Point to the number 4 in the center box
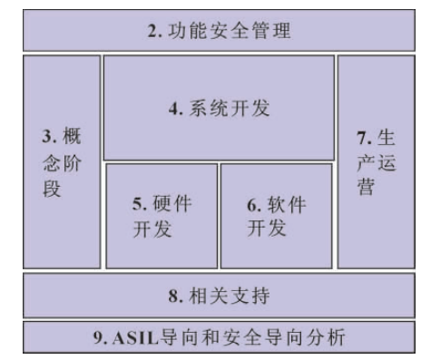point(172,109)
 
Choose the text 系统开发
point(232,109)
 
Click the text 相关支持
point(230,296)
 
